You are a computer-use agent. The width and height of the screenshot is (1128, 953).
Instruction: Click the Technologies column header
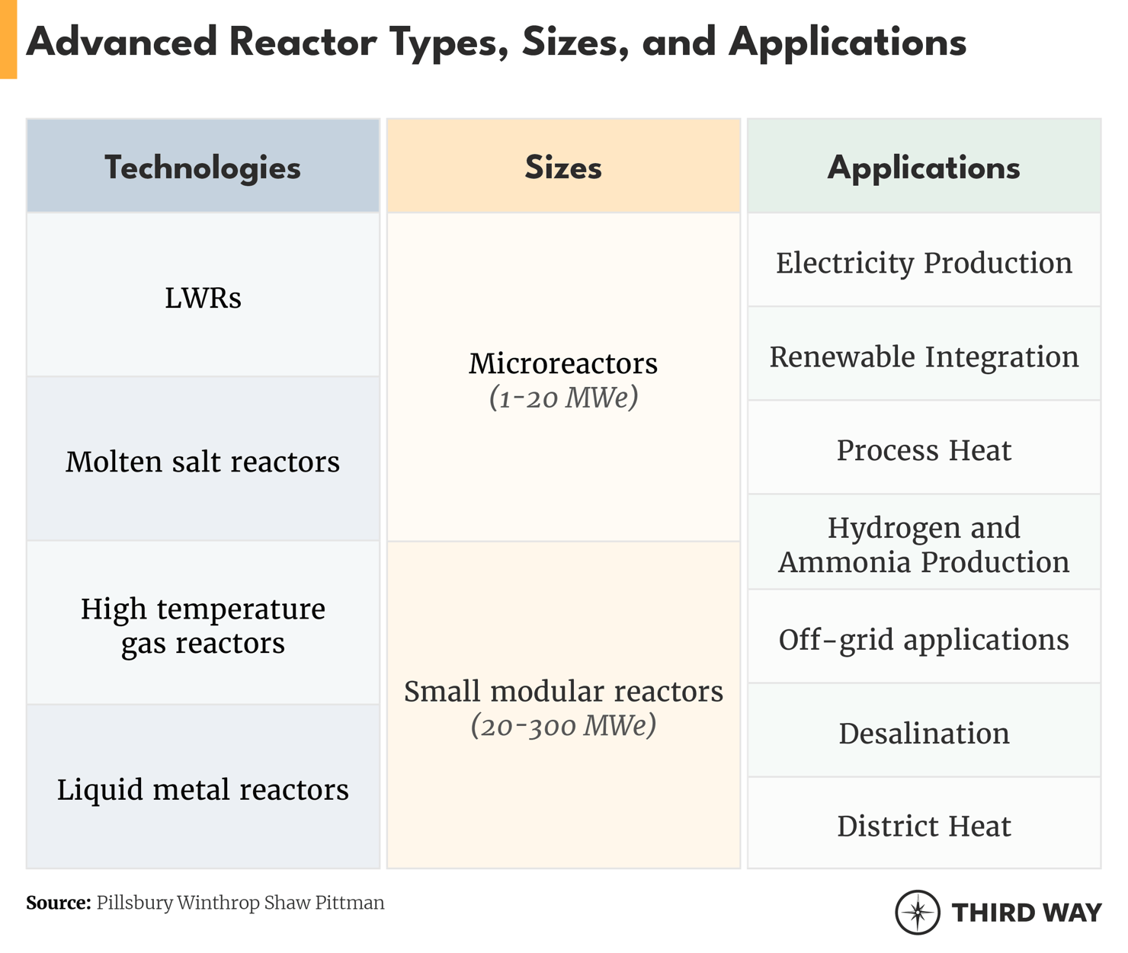coord(203,168)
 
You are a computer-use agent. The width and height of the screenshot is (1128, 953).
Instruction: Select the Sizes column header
coord(563,168)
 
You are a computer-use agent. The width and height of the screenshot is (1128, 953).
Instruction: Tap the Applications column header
coord(924,168)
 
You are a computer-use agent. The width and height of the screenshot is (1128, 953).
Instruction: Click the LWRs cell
coord(203,297)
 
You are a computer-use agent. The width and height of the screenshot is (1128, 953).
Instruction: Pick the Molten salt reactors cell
coord(203,462)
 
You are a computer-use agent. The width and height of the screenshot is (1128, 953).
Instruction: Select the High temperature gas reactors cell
coord(203,625)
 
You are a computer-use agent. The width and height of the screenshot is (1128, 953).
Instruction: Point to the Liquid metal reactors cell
coord(203,789)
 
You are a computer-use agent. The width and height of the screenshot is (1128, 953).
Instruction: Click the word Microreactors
coord(563,363)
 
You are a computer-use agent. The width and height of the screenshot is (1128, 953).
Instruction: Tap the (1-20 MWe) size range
coord(563,398)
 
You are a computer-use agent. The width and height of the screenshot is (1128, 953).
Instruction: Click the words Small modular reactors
coord(563,691)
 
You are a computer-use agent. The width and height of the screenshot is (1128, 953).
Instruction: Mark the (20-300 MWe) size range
coord(563,725)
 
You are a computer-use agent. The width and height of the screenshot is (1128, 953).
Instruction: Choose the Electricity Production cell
coord(924,263)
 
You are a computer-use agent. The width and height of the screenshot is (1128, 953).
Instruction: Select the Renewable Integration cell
coord(924,357)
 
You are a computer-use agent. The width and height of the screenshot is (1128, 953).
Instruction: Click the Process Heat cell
coord(924,450)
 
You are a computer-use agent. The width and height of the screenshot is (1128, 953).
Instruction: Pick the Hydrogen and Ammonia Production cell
coord(924,544)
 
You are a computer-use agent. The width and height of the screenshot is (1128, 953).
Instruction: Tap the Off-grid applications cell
coord(924,639)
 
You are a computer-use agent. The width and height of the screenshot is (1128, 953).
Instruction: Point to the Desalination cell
coord(924,733)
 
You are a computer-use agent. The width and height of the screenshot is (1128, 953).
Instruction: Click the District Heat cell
coord(924,826)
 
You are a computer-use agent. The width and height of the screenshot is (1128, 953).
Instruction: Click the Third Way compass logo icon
coord(918,912)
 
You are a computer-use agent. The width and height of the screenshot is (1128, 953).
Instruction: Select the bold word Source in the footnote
coord(58,903)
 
